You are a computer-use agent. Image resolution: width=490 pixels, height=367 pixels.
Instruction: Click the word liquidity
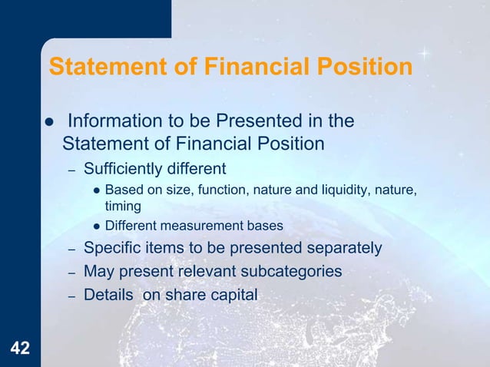(x=350, y=190)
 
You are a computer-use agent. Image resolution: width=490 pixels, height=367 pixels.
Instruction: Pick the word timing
(x=122, y=206)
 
